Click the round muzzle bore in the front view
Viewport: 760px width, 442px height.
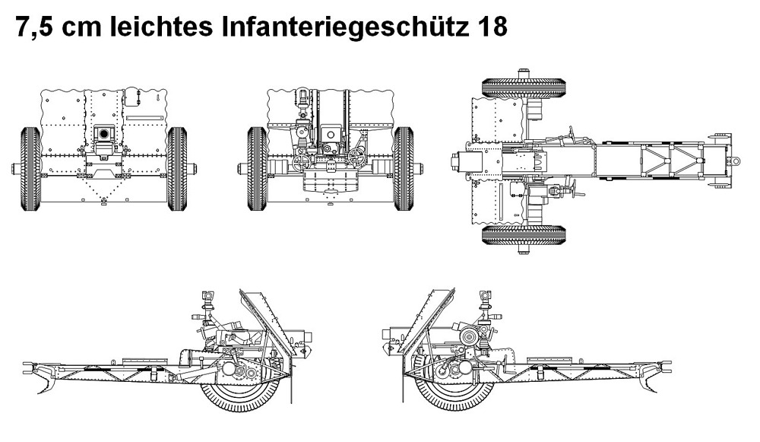pos(103,134)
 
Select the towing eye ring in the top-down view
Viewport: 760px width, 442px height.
pos(735,161)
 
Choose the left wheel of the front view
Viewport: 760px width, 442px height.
pos(31,167)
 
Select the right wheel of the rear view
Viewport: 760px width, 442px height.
pos(404,167)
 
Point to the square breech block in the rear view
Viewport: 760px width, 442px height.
pos(331,135)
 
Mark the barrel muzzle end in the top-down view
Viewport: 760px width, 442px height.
pos(454,161)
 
